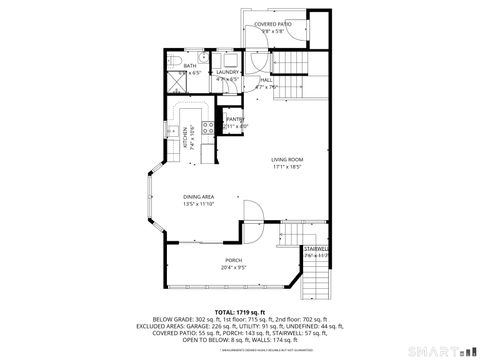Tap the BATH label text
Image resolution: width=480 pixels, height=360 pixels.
pyautogui.click(x=190, y=66)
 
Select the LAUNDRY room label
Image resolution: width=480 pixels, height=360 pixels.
pyautogui.click(x=227, y=72)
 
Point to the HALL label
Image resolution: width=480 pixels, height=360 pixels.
pyautogui.click(x=266, y=79)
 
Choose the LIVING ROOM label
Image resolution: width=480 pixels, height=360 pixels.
pyautogui.click(x=287, y=160)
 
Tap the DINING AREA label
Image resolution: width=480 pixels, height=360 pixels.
pyautogui.click(x=198, y=197)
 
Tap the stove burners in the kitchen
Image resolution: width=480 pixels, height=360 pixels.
pyautogui.click(x=207, y=127)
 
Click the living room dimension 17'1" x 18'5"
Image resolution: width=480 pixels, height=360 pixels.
pyautogui.click(x=287, y=167)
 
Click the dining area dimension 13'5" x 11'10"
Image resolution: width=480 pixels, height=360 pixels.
pyautogui.click(x=198, y=204)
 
